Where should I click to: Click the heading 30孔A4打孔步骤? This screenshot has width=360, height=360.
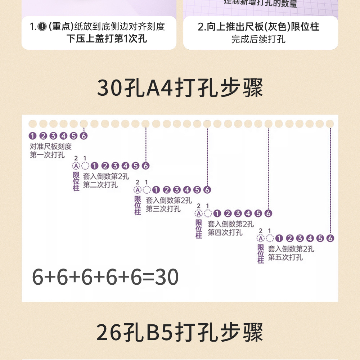click(x=180, y=88)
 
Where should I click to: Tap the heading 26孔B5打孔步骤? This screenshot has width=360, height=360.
click(x=180, y=332)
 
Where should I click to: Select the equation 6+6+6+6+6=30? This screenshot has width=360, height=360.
click(x=105, y=277)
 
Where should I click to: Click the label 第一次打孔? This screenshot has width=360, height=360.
click(x=47, y=155)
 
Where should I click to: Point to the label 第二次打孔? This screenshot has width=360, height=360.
click(x=100, y=185)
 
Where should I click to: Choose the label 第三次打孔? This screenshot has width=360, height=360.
click(x=163, y=209)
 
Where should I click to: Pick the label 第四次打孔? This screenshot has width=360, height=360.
click(x=225, y=233)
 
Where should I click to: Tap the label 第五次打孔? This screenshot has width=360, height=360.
click(x=285, y=257)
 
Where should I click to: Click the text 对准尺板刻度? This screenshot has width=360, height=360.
click(x=51, y=147)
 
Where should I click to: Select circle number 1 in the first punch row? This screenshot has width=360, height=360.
click(x=33, y=136)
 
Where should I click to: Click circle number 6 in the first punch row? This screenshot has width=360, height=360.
click(x=84, y=136)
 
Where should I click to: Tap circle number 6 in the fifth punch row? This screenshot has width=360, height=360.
click(x=330, y=238)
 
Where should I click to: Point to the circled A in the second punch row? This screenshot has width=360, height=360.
click(x=76, y=166)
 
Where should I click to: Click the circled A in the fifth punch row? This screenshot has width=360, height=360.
click(x=261, y=238)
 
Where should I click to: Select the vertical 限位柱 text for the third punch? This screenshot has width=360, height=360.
click(x=138, y=205)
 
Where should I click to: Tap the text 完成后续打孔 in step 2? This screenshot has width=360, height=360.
click(x=258, y=39)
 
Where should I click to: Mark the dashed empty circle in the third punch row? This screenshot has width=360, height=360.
click(x=146, y=190)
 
